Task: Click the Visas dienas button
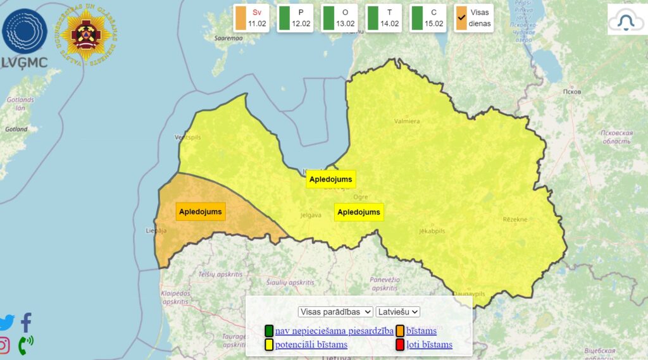coord(473,18)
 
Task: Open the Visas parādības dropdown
coord(336,312)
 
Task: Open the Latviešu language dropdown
coord(398,312)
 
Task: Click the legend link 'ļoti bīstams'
coord(429,345)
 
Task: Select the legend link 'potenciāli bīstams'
coord(311,345)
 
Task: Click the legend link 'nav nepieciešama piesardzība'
coord(333,330)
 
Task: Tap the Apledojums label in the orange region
coord(201,211)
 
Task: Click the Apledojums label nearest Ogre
coord(359,212)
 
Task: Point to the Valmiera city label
coord(407,121)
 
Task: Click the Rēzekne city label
coord(515,220)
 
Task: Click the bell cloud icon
coord(626,20)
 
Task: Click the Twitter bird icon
coord(6,322)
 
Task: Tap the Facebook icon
coord(26,322)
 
